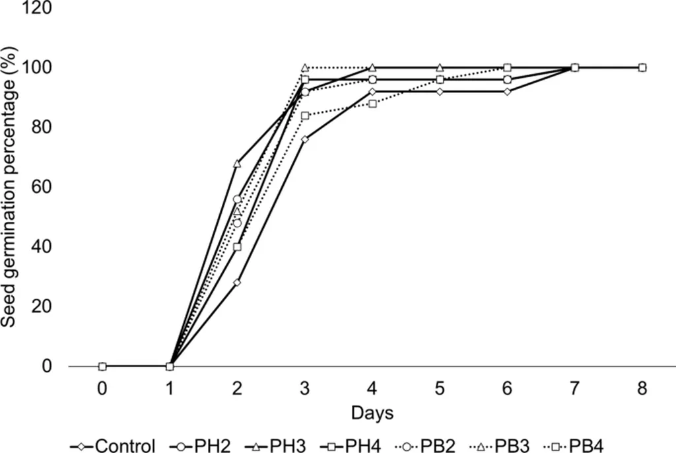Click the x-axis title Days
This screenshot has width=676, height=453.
[372, 413]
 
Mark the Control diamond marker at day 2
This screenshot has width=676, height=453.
[237, 283]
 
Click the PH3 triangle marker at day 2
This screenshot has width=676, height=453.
[237, 163]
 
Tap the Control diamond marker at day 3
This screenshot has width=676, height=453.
[304, 139]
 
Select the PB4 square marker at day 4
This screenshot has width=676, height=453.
[372, 104]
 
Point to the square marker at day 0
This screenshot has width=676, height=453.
[102, 366]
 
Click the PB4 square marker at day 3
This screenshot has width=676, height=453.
[304, 116]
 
